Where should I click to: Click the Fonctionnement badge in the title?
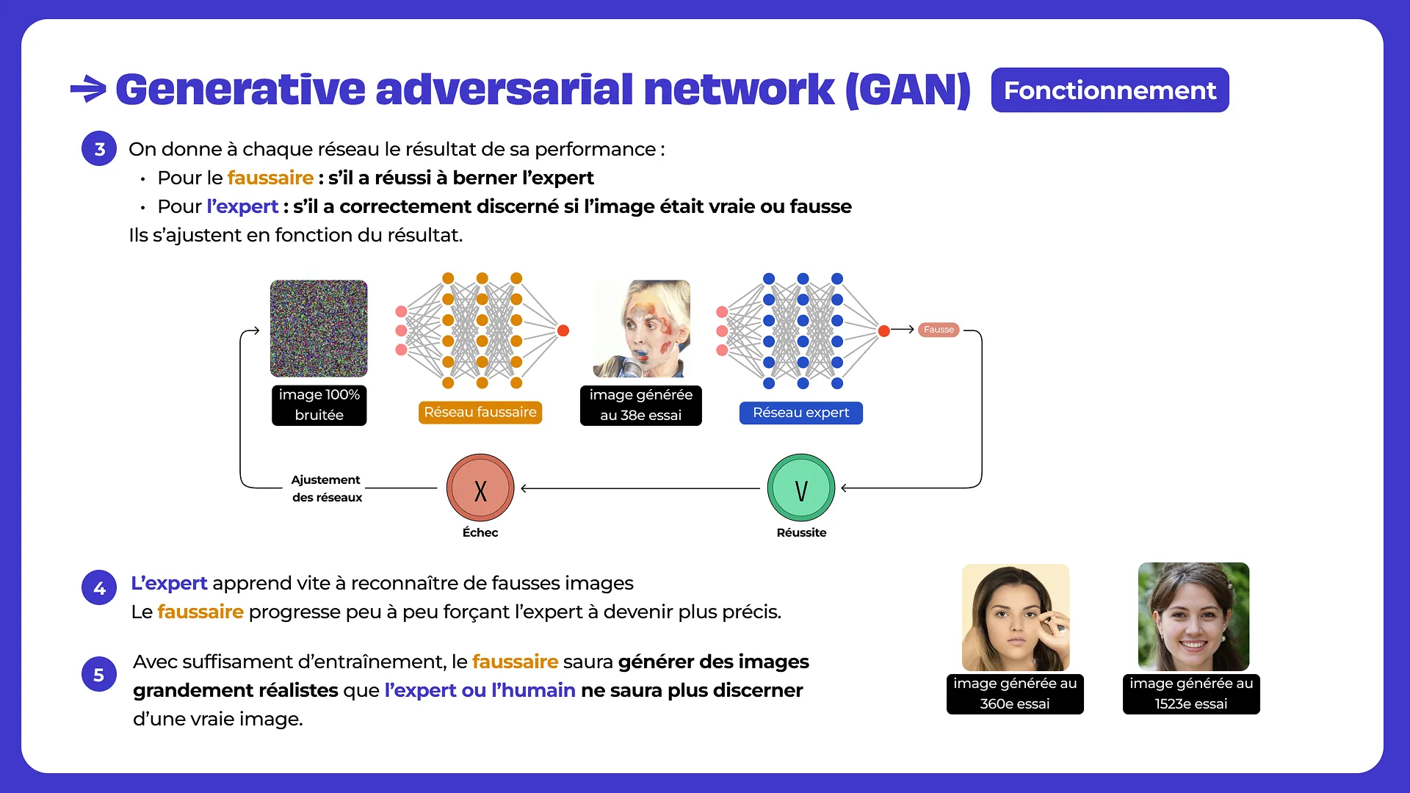click(1109, 90)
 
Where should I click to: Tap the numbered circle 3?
click(99, 149)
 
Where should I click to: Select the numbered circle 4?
click(99, 587)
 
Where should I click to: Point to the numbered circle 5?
click(99, 675)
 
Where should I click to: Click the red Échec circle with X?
click(480, 488)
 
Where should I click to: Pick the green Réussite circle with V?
click(801, 488)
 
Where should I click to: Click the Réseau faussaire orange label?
click(480, 413)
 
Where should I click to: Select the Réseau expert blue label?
click(800, 413)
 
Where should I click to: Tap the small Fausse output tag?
click(939, 330)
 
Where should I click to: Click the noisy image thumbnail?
click(319, 328)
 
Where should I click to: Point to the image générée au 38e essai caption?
click(640, 405)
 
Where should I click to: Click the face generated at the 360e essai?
click(1016, 617)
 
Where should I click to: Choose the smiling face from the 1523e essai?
click(1193, 617)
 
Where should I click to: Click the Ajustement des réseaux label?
click(327, 488)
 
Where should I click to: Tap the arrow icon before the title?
click(89, 90)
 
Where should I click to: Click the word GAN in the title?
click(908, 90)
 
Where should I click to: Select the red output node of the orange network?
click(563, 330)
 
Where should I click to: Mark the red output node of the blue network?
click(884, 331)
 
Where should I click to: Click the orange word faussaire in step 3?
click(270, 178)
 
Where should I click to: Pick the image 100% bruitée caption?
click(319, 405)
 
